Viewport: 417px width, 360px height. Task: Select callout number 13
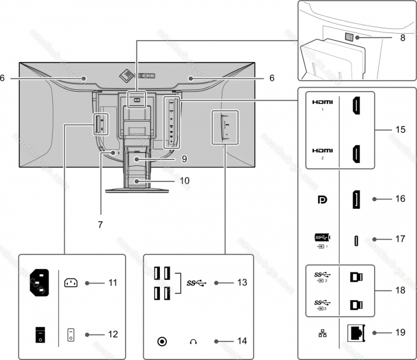click(242, 283)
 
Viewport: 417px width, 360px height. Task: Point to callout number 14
click(242, 341)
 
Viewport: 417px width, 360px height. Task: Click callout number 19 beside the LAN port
click(400, 333)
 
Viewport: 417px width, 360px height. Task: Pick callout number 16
click(400, 199)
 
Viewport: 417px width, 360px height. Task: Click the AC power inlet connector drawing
click(39, 283)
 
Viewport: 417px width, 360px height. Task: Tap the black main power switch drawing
click(39, 335)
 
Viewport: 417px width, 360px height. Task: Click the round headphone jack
click(162, 341)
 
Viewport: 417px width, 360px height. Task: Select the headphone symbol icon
click(193, 341)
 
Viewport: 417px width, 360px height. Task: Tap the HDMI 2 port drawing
click(355, 154)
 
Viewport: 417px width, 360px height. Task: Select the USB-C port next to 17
click(356, 239)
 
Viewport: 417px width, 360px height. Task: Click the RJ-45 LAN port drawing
click(356, 333)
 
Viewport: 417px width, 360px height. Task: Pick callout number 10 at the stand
click(184, 180)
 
